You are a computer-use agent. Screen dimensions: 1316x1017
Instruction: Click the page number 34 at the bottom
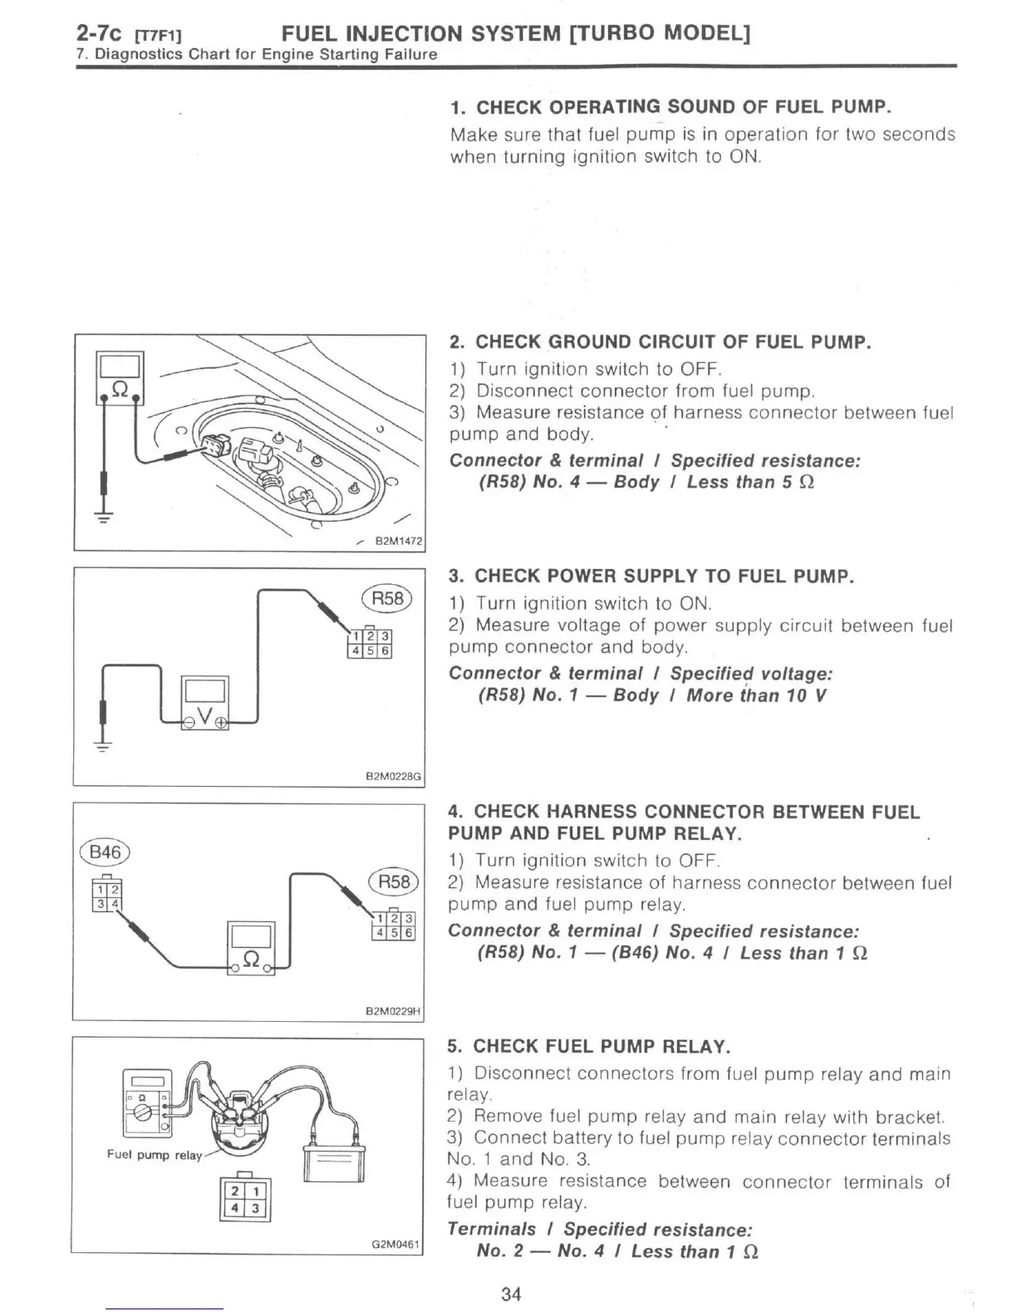tap(511, 1294)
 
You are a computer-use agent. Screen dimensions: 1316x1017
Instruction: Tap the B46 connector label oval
tap(105, 852)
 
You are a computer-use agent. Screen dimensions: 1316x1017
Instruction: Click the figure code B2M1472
tap(398, 542)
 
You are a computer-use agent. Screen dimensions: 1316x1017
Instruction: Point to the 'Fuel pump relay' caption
tap(154, 1155)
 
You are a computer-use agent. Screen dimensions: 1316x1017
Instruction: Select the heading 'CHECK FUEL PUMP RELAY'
tap(602, 1046)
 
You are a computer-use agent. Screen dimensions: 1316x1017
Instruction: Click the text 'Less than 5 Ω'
tap(750, 483)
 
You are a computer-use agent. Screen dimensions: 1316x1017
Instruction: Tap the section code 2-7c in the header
tap(100, 34)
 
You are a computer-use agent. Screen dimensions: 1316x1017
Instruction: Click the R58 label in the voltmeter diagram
tap(387, 598)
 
